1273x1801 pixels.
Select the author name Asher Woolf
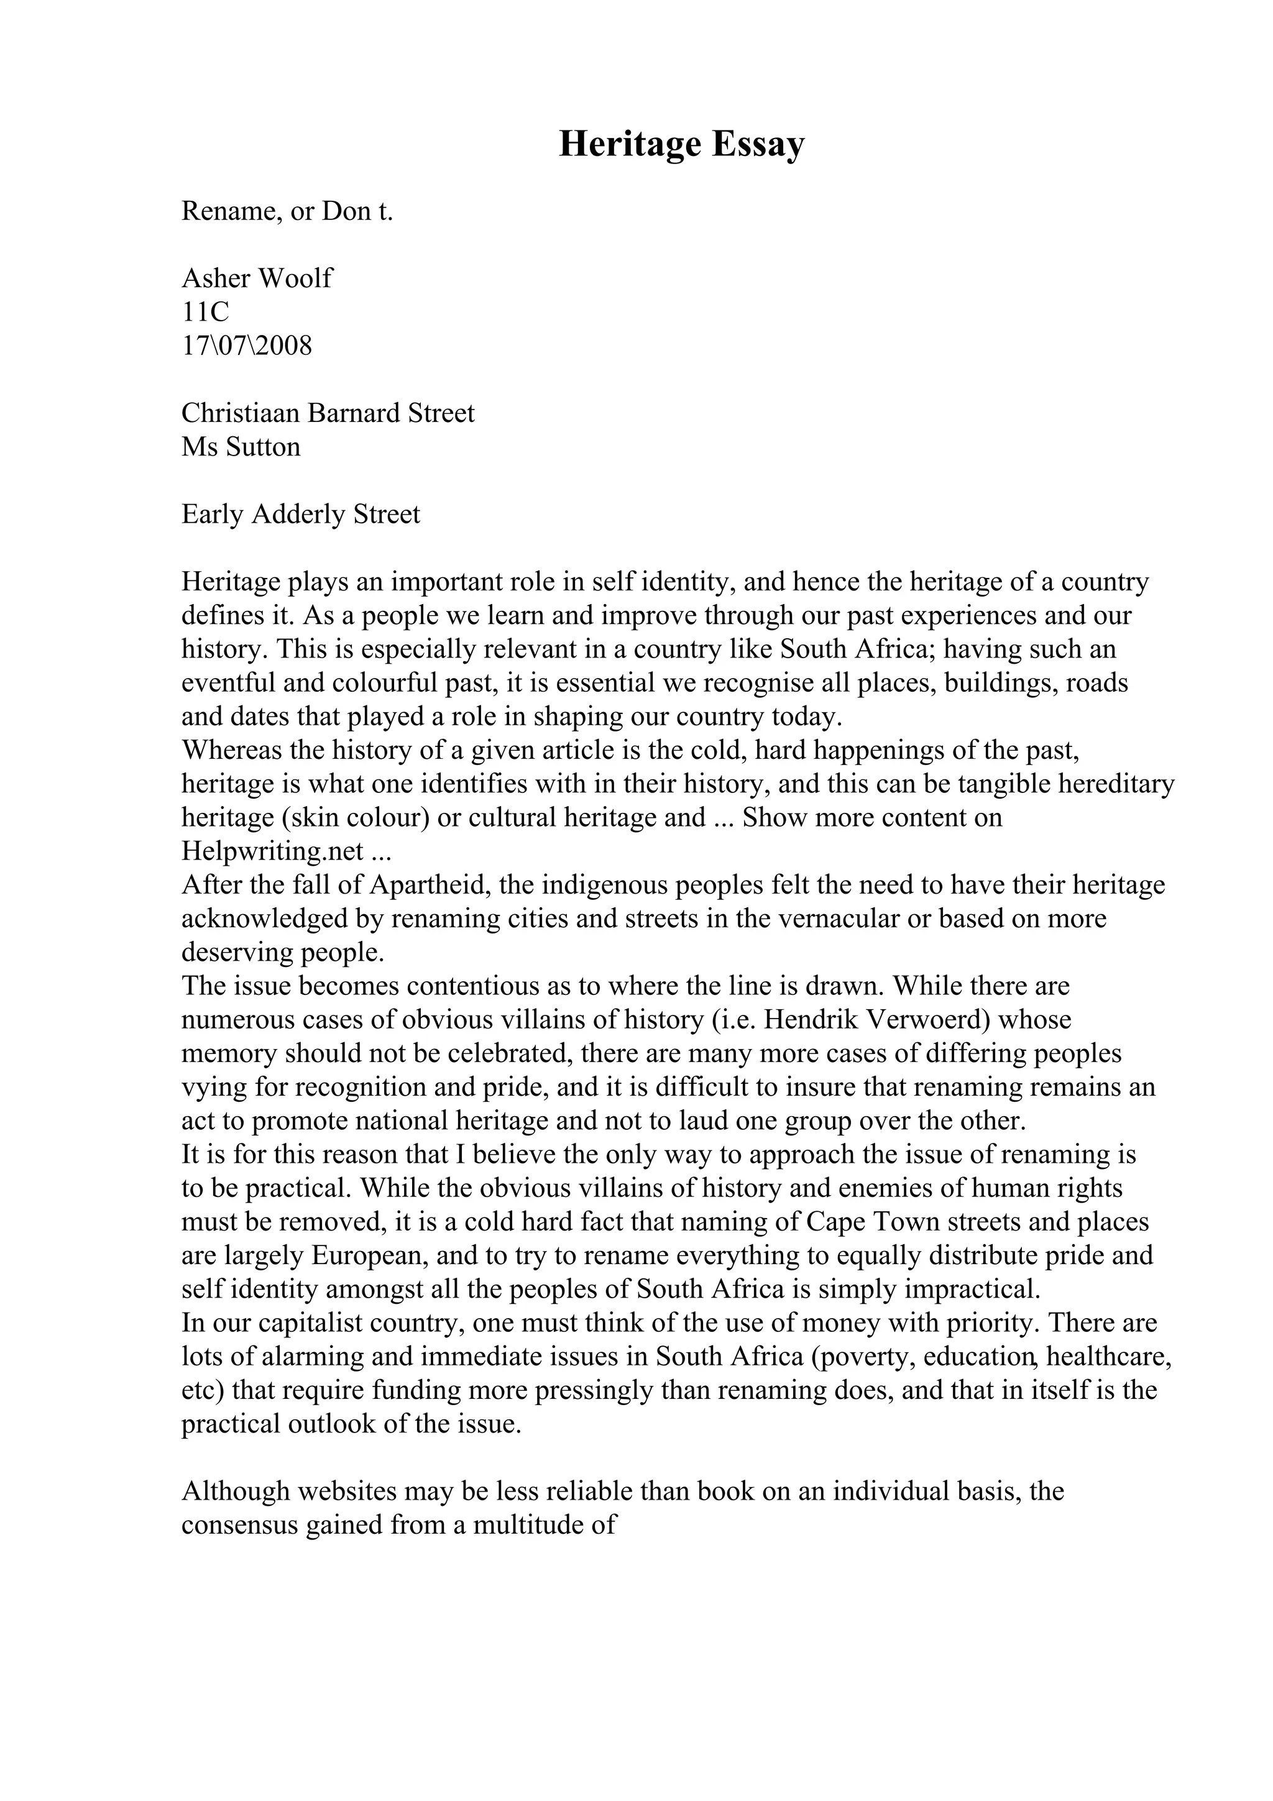[x=257, y=278]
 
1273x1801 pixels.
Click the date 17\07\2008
[x=246, y=345]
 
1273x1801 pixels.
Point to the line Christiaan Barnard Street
[x=327, y=413]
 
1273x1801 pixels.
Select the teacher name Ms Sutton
[x=240, y=446]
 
